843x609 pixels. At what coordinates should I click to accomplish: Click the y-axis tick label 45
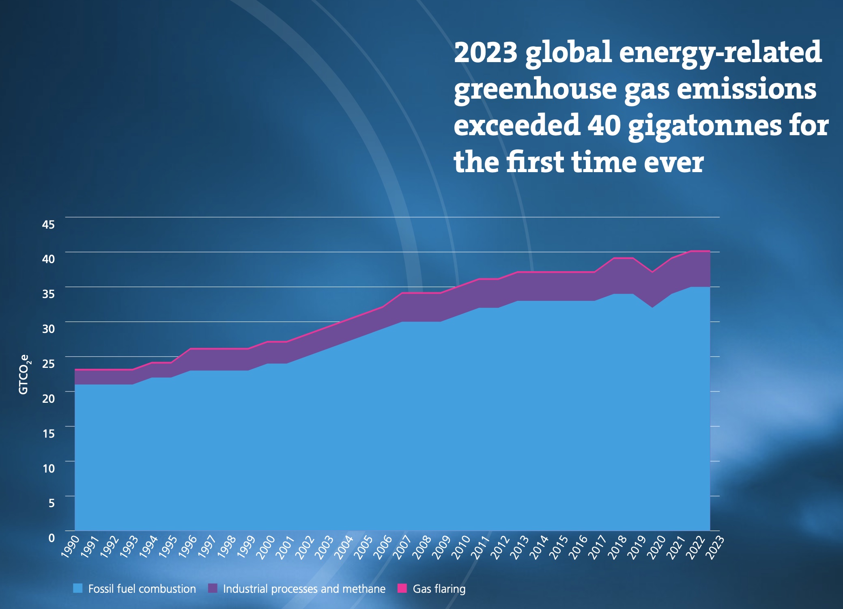click(x=48, y=224)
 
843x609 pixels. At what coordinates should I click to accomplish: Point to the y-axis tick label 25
click(x=48, y=363)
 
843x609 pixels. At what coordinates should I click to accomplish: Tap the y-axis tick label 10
click(x=48, y=469)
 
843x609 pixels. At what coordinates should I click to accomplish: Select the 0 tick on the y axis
click(x=52, y=538)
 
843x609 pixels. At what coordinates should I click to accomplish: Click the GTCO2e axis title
click(x=24, y=374)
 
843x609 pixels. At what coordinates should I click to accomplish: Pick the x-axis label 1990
click(x=70, y=546)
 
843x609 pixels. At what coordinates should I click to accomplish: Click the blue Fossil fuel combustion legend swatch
click(x=78, y=588)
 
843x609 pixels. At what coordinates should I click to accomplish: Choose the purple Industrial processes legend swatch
click(x=213, y=588)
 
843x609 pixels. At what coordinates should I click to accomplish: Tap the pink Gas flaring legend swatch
click(x=402, y=588)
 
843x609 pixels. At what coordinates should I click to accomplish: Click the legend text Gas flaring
click(x=439, y=589)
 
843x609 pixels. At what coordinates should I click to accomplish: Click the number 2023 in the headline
click(x=486, y=53)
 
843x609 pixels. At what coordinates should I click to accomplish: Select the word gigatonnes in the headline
click(x=704, y=126)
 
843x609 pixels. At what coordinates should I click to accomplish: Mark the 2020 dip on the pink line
click(x=652, y=272)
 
